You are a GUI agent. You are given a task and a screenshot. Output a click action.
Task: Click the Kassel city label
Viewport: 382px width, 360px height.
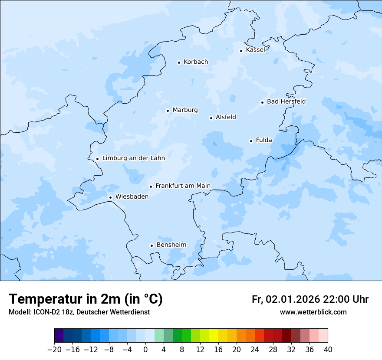(255, 50)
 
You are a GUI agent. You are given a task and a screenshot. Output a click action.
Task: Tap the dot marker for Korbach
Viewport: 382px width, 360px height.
(179, 62)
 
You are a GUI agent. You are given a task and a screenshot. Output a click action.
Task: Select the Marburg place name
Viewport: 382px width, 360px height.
(185, 110)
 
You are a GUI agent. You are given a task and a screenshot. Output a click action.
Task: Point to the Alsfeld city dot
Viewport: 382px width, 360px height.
(211, 118)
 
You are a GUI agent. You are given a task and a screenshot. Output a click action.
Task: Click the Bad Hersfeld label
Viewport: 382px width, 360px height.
(286, 101)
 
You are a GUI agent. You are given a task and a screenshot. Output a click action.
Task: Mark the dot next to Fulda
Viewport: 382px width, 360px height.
(251, 141)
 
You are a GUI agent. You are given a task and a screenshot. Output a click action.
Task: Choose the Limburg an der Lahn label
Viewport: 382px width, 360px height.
(133, 158)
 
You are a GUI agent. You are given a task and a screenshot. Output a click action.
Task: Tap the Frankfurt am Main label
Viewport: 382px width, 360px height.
(183, 186)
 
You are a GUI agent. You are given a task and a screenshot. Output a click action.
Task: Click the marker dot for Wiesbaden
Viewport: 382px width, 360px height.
(111, 197)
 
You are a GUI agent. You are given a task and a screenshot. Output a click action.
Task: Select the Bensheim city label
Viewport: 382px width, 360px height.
(171, 245)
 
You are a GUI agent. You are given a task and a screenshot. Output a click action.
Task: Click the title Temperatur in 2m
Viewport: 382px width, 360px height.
(86, 299)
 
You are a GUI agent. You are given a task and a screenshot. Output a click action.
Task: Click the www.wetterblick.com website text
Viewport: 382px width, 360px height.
(313, 312)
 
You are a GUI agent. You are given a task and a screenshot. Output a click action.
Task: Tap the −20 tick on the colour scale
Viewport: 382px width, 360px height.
(54, 350)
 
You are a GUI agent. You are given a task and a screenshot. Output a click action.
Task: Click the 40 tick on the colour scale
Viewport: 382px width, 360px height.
(328, 350)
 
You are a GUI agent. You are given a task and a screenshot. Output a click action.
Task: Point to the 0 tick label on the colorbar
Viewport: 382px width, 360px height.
(145, 350)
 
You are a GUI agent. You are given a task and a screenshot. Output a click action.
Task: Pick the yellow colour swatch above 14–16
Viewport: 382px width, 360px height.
(214, 336)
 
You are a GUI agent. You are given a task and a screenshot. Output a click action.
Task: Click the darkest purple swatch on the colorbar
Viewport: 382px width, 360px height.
(59, 336)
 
